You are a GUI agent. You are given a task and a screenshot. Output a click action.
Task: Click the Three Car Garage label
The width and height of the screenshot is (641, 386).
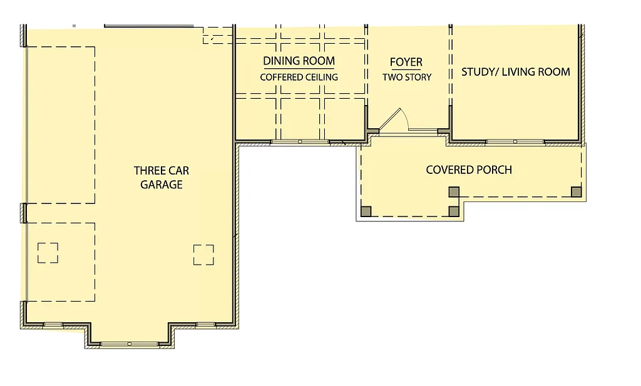click(x=161, y=177)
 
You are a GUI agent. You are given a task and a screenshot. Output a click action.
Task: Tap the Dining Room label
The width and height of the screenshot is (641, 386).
click(x=299, y=61)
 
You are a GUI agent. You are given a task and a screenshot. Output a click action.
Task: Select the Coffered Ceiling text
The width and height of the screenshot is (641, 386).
click(x=299, y=77)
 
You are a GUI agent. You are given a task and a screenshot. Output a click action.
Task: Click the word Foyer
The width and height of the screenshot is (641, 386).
click(x=406, y=62)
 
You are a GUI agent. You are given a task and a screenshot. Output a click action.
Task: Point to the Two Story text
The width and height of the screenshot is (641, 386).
click(x=407, y=77)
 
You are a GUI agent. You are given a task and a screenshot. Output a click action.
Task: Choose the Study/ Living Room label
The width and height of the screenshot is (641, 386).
click(x=516, y=71)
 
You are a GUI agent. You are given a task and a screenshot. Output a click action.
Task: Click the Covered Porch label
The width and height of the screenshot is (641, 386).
click(x=469, y=170)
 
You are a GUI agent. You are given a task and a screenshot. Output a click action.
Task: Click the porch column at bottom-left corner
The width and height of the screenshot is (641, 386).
click(x=366, y=211)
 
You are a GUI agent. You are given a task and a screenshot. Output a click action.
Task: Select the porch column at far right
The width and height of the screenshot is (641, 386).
click(x=576, y=191)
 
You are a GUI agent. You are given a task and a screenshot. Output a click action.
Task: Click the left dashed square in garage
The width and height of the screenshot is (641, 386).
click(x=48, y=253)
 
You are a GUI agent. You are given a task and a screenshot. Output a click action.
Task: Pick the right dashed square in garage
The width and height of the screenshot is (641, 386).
click(x=203, y=255)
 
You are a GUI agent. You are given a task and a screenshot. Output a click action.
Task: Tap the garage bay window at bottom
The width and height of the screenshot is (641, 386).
click(x=130, y=343)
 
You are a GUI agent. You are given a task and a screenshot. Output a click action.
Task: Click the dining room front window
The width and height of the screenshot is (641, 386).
click(x=300, y=142)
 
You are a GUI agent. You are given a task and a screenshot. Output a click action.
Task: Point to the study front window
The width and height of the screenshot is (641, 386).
click(x=515, y=142)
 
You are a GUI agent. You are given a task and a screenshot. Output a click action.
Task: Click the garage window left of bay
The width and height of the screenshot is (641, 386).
click(x=53, y=324)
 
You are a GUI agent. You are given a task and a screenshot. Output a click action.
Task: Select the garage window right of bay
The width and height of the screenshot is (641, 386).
click(x=206, y=324)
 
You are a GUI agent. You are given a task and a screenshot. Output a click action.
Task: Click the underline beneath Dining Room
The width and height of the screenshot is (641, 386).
click(x=299, y=68)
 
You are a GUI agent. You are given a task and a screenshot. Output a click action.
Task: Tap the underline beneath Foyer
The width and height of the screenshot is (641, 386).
click(x=406, y=69)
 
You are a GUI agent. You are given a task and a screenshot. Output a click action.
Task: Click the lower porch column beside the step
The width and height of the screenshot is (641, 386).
click(x=454, y=211)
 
